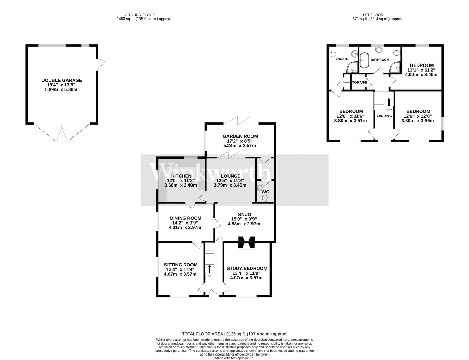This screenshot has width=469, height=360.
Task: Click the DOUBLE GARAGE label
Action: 62,80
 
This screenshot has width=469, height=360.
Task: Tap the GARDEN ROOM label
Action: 240,136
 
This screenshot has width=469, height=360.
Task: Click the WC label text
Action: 265,192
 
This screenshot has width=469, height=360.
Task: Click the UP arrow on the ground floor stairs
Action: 210,268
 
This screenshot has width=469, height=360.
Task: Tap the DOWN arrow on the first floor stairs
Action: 388,102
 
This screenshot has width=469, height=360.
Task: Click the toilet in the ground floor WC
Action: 264,197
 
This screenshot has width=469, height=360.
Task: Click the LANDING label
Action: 384,116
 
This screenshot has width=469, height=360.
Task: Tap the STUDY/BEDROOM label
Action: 247,268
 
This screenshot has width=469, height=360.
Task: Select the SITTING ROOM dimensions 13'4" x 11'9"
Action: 181,269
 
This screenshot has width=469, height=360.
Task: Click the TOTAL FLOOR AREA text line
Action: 234,334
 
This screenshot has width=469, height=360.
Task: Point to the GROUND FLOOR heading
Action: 140,15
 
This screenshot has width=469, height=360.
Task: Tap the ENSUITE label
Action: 342,59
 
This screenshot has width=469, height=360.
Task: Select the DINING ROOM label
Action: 186,218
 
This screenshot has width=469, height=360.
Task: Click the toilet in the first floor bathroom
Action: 397,53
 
